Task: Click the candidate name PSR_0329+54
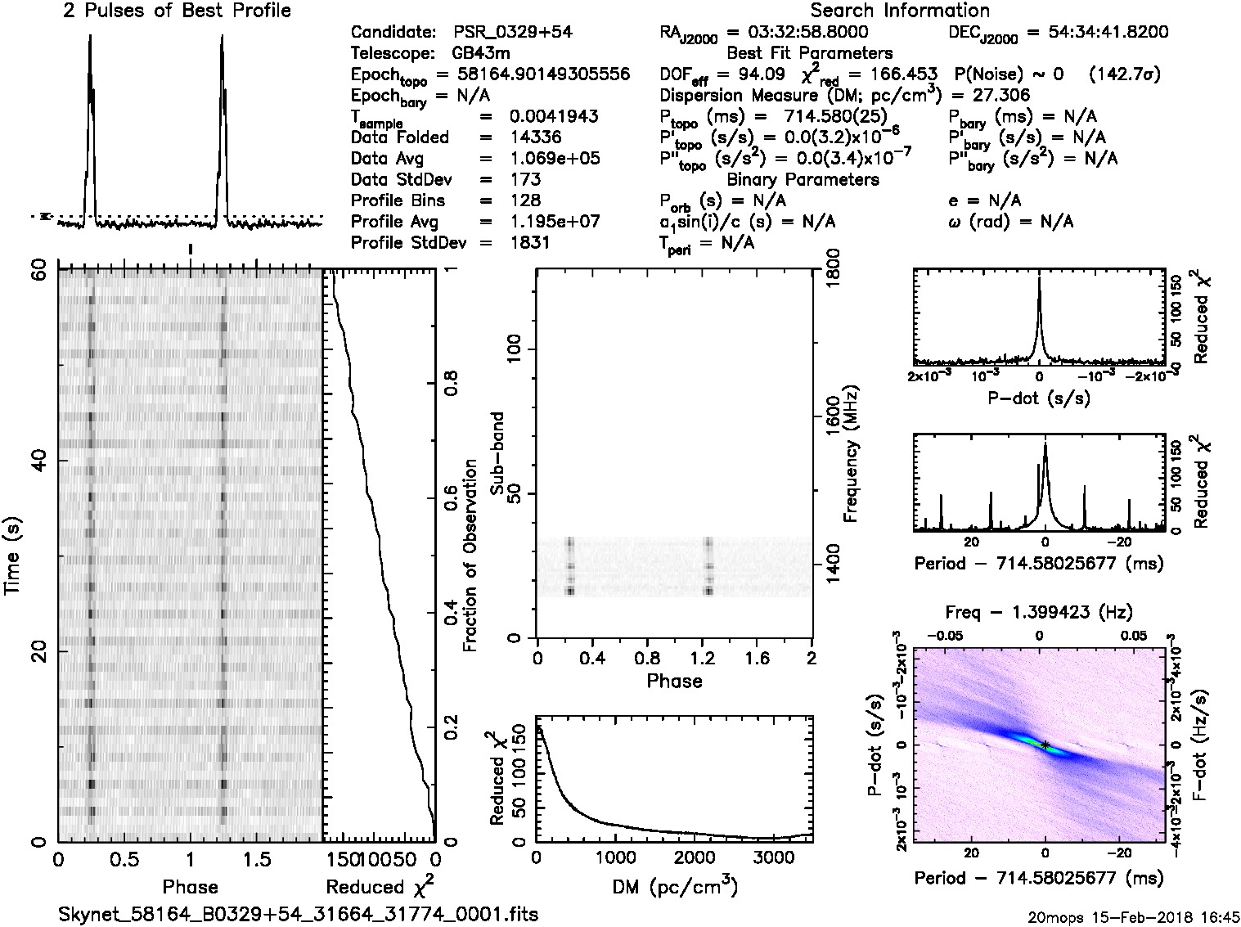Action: point(512,33)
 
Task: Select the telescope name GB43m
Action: point(482,54)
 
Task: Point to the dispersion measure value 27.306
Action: point(1002,95)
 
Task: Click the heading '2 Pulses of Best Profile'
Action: point(177,11)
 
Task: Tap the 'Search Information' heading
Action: point(899,11)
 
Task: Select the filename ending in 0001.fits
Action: point(299,914)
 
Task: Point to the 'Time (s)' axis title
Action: point(14,556)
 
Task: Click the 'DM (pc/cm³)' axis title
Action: point(673,886)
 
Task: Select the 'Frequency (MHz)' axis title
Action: point(851,453)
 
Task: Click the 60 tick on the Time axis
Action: point(39,270)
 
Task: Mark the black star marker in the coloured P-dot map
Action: point(1045,745)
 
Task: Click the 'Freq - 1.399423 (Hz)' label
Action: point(1038,612)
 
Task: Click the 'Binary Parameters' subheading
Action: point(803,179)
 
